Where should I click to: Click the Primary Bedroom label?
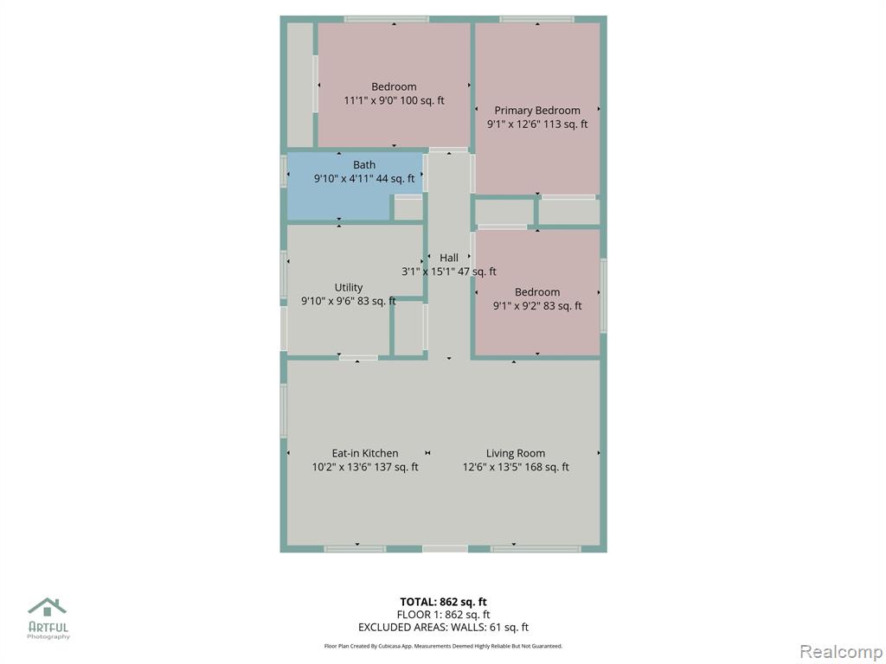coord(536,110)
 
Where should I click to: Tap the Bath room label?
coord(364,165)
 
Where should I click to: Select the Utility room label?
coord(348,287)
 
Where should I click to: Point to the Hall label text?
coord(449,258)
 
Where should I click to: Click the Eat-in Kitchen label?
coord(365,453)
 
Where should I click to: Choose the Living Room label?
coord(516,453)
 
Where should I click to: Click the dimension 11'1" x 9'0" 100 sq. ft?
coord(394,100)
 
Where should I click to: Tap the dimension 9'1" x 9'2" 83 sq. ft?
coord(536,306)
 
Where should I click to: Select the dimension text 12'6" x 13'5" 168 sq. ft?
coord(516,467)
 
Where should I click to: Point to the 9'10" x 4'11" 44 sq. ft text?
coord(364,179)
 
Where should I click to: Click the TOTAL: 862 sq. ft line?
coord(443,602)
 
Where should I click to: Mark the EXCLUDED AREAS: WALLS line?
coord(443,628)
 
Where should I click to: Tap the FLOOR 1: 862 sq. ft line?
coord(443,615)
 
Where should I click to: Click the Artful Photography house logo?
coord(48,607)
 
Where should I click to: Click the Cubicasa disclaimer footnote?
coord(443,646)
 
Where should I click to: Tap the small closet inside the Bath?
coord(408,207)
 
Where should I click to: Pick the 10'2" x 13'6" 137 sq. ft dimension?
coord(365,467)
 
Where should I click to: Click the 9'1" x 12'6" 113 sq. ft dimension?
coord(536,124)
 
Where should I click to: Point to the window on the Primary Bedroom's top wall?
coord(536,20)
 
